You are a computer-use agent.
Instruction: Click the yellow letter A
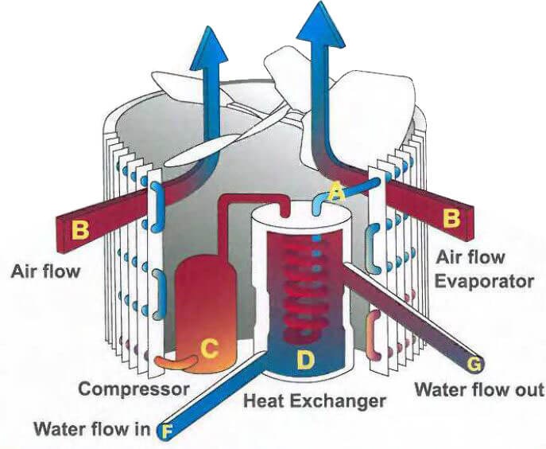coord(335,192)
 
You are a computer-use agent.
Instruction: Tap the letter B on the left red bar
coord(80,230)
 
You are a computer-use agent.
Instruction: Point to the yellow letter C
coord(209,348)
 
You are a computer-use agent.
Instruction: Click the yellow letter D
coord(306,359)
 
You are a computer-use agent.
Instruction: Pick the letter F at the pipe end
coord(167,432)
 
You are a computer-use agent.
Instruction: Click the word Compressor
coord(134,389)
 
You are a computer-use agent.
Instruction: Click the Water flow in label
coord(91,431)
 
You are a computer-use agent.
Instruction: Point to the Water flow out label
coord(480,390)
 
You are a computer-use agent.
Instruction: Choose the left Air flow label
coord(46,271)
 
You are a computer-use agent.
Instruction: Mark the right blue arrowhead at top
coord(316,28)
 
